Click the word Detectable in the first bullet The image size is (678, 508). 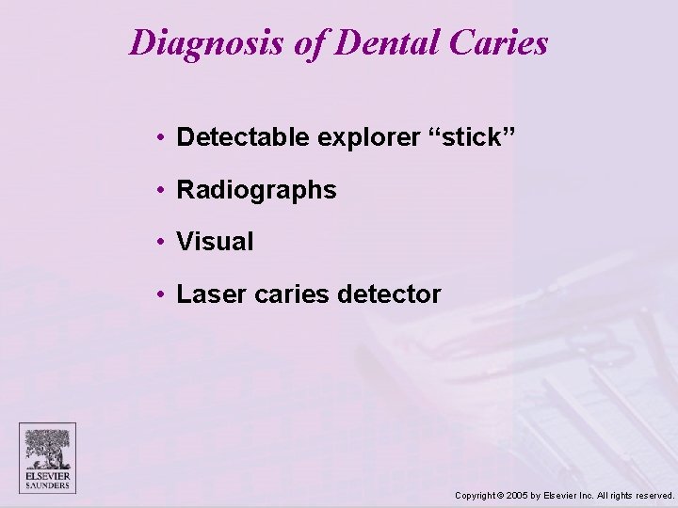click(243, 137)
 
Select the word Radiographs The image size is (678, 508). click(256, 190)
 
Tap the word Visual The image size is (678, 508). click(215, 242)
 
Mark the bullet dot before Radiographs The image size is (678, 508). click(163, 190)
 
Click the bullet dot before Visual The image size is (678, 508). click(163, 242)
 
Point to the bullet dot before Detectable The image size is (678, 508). click(163, 138)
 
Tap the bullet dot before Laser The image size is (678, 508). click(163, 294)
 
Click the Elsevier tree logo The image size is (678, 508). click(47, 450)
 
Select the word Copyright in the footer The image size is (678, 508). click(477, 495)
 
